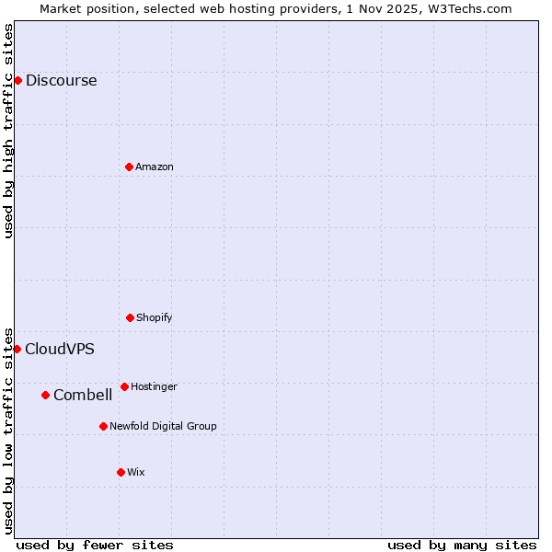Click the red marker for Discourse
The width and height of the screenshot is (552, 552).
(17, 80)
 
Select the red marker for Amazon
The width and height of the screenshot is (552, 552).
(129, 167)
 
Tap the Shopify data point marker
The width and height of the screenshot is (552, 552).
(130, 317)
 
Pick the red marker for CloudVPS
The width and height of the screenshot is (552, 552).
(17, 349)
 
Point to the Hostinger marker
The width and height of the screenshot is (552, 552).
(124, 386)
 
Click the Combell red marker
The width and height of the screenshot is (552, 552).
(45, 395)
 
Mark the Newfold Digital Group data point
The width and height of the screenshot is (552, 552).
(103, 426)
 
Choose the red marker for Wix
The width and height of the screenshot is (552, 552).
(121, 472)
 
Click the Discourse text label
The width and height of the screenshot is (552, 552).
(61, 80)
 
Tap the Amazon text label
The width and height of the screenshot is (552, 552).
(155, 167)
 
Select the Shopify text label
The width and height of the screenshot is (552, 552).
(155, 317)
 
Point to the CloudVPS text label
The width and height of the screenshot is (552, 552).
(59, 349)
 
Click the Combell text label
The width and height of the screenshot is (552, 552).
(83, 395)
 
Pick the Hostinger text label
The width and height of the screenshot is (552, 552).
(154, 386)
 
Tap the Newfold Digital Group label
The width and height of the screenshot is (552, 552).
(163, 426)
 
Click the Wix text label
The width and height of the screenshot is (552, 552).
(136, 472)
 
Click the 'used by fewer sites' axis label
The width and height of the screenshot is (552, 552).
(95, 545)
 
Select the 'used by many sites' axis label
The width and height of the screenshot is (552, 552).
(462, 545)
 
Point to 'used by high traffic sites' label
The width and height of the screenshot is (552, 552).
(8, 131)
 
